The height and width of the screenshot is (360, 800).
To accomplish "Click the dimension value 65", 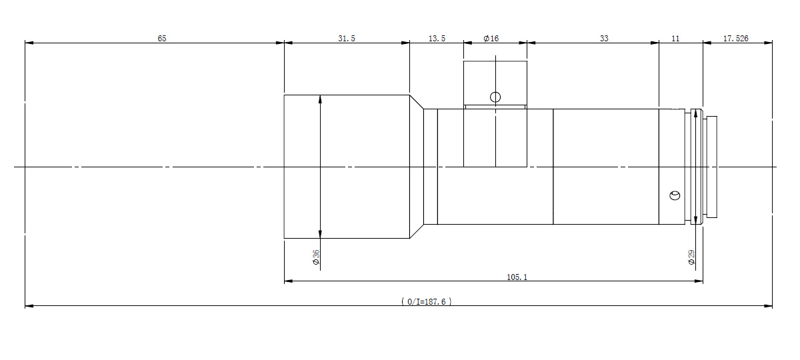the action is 162,38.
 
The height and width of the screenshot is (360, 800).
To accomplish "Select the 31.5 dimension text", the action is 347,38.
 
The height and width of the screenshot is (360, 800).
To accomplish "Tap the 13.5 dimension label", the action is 437,38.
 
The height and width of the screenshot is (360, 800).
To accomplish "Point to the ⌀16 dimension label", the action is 491,38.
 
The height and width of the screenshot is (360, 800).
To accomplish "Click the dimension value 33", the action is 604,38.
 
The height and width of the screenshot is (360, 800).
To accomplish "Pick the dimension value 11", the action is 675,38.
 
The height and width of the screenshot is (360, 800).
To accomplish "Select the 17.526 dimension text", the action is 736,38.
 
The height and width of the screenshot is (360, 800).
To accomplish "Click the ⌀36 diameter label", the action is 316,257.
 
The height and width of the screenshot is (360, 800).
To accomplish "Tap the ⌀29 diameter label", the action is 691,257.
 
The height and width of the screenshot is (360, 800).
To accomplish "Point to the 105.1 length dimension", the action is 517,277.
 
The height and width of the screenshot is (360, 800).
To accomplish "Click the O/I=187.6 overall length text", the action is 427,302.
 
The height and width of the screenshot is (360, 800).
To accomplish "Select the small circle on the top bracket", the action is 495,97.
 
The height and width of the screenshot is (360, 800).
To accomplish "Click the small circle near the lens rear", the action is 675,195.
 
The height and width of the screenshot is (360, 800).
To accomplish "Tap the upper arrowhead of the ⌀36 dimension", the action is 320,99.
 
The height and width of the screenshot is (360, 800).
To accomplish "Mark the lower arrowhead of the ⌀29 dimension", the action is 695,220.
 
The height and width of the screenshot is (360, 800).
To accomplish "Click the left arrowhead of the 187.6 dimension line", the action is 29,306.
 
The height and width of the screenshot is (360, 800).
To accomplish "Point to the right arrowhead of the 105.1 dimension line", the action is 699,281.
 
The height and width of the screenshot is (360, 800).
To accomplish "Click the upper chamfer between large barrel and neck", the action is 417,102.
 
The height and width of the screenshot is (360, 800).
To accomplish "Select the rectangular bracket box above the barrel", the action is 495,83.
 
